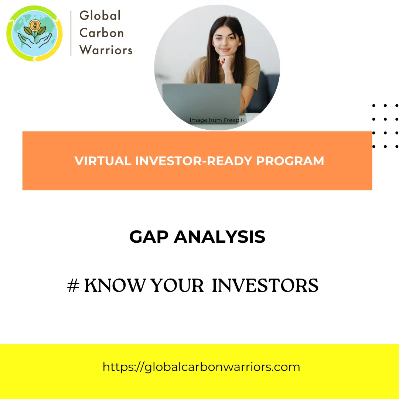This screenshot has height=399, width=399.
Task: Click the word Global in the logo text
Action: (100, 16)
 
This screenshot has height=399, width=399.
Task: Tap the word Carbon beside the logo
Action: (102, 33)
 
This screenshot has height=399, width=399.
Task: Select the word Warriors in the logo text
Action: (106, 50)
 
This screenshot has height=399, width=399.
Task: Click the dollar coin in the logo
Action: (35, 25)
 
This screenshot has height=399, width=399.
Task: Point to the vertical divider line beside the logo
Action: (71, 33)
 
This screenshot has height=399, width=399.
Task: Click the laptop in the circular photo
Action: (202, 100)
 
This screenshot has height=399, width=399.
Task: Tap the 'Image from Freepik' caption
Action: (217, 120)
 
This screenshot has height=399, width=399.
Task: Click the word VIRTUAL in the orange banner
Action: (103, 161)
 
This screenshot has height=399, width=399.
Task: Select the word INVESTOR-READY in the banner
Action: (194, 161)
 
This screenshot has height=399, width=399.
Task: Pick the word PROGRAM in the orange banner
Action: (290, 161)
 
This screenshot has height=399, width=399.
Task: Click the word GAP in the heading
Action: (149, 237)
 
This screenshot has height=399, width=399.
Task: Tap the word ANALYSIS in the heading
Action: (219, 237)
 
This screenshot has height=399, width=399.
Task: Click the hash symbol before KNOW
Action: (73, 285)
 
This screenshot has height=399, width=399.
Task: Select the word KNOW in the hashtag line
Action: (115, 285)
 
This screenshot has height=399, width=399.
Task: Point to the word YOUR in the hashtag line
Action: (177, 285)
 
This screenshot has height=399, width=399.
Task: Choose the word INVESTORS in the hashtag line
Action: (265, 285)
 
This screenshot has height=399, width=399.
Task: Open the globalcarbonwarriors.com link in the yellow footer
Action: (201, 367)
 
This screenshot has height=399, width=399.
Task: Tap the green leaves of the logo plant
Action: (35, 32)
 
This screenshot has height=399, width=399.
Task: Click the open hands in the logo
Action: (35, 40)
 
